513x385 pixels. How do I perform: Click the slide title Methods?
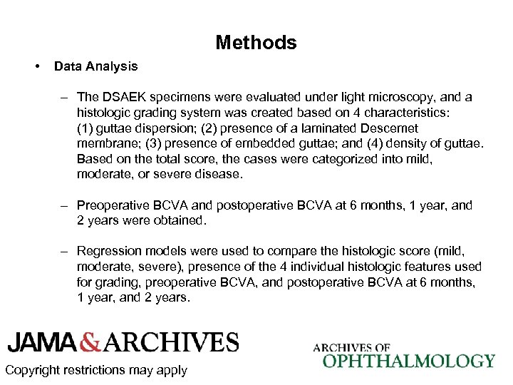[256, 43]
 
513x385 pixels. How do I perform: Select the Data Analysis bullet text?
[95, 66]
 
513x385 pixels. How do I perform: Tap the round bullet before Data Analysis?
[36, 66]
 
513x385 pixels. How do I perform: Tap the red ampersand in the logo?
[90, 342]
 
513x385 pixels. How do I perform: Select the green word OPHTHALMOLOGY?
[408, 361]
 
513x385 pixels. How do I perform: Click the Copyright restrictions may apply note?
[95, 370]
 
